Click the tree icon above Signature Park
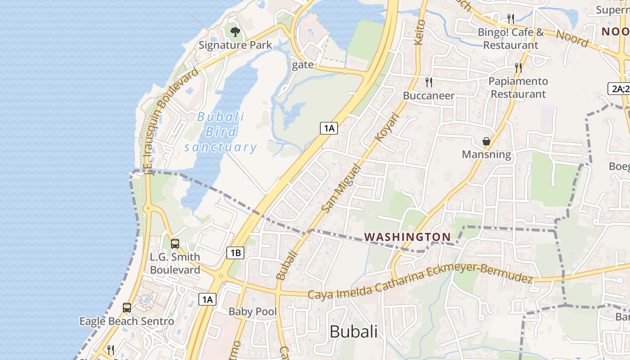[235, 31]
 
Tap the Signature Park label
[235, 45]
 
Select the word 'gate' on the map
[303, 65]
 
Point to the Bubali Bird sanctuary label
[220, 132]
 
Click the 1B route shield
[235, 253]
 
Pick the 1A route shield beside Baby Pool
[207, 299]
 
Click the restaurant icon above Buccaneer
[429, 82]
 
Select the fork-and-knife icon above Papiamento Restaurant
[518, 68]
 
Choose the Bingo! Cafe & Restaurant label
[511, 39]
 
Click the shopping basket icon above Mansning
[486, 141]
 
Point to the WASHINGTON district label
[407, 237]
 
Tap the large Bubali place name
[353, 332]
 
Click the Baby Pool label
[252, 311]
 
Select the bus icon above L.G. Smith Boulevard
[175, 244]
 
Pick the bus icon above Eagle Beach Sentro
[127, 308]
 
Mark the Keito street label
[419, 31]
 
